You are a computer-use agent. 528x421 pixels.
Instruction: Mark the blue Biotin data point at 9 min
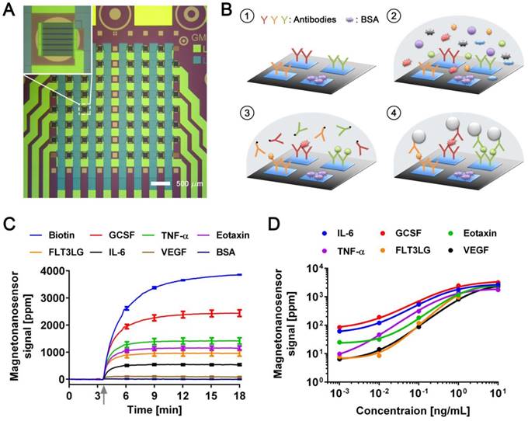click(x=155, y=287)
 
